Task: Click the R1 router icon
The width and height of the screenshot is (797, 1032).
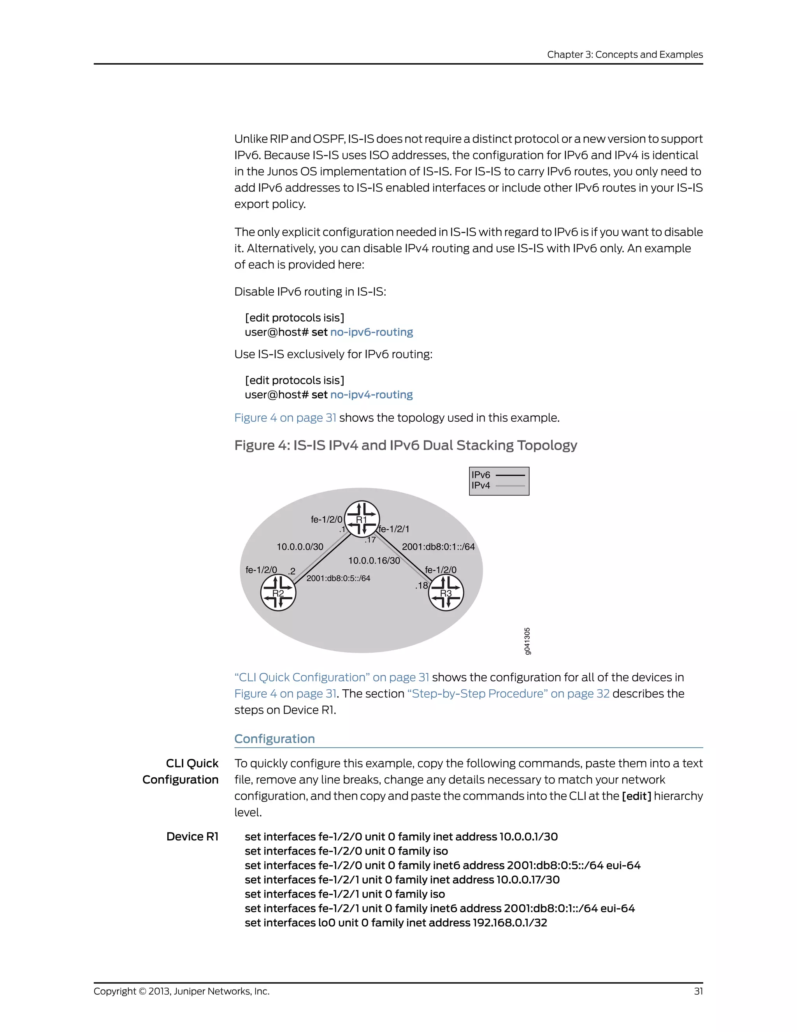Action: (x=362, y=519)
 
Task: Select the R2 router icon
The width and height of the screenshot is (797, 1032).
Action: (x=278, y=593)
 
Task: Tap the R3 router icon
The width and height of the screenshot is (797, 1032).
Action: (x=446, y=593)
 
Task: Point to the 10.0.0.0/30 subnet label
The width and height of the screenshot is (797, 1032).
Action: (x=300, y=547)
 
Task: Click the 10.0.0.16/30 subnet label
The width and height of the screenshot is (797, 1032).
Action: (x=374, y=560)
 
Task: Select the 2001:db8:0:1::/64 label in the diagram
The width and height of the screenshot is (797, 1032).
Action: (x=438, y=547)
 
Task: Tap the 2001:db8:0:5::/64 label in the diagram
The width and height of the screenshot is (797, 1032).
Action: (x=338, y=578)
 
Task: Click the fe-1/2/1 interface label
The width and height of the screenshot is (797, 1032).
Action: (x=394, y=529)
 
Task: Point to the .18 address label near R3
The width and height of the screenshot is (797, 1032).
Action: (x=421, y=585)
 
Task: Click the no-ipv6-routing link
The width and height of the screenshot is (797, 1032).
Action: (x=372, y=332)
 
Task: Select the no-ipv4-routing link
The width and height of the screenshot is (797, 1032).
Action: (x=372, y=394)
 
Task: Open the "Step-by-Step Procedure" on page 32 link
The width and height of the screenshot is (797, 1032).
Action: (x=508, y=694)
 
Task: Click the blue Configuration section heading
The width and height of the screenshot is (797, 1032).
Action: (x=274, y=738)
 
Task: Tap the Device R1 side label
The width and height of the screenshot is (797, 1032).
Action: (x=192, y=837)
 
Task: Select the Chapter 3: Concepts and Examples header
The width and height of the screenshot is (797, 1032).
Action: (x=625, y=55)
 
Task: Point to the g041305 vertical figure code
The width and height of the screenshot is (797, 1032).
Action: (x=527, y=641)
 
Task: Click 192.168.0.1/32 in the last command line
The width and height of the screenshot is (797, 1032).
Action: (x=509, y=923)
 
